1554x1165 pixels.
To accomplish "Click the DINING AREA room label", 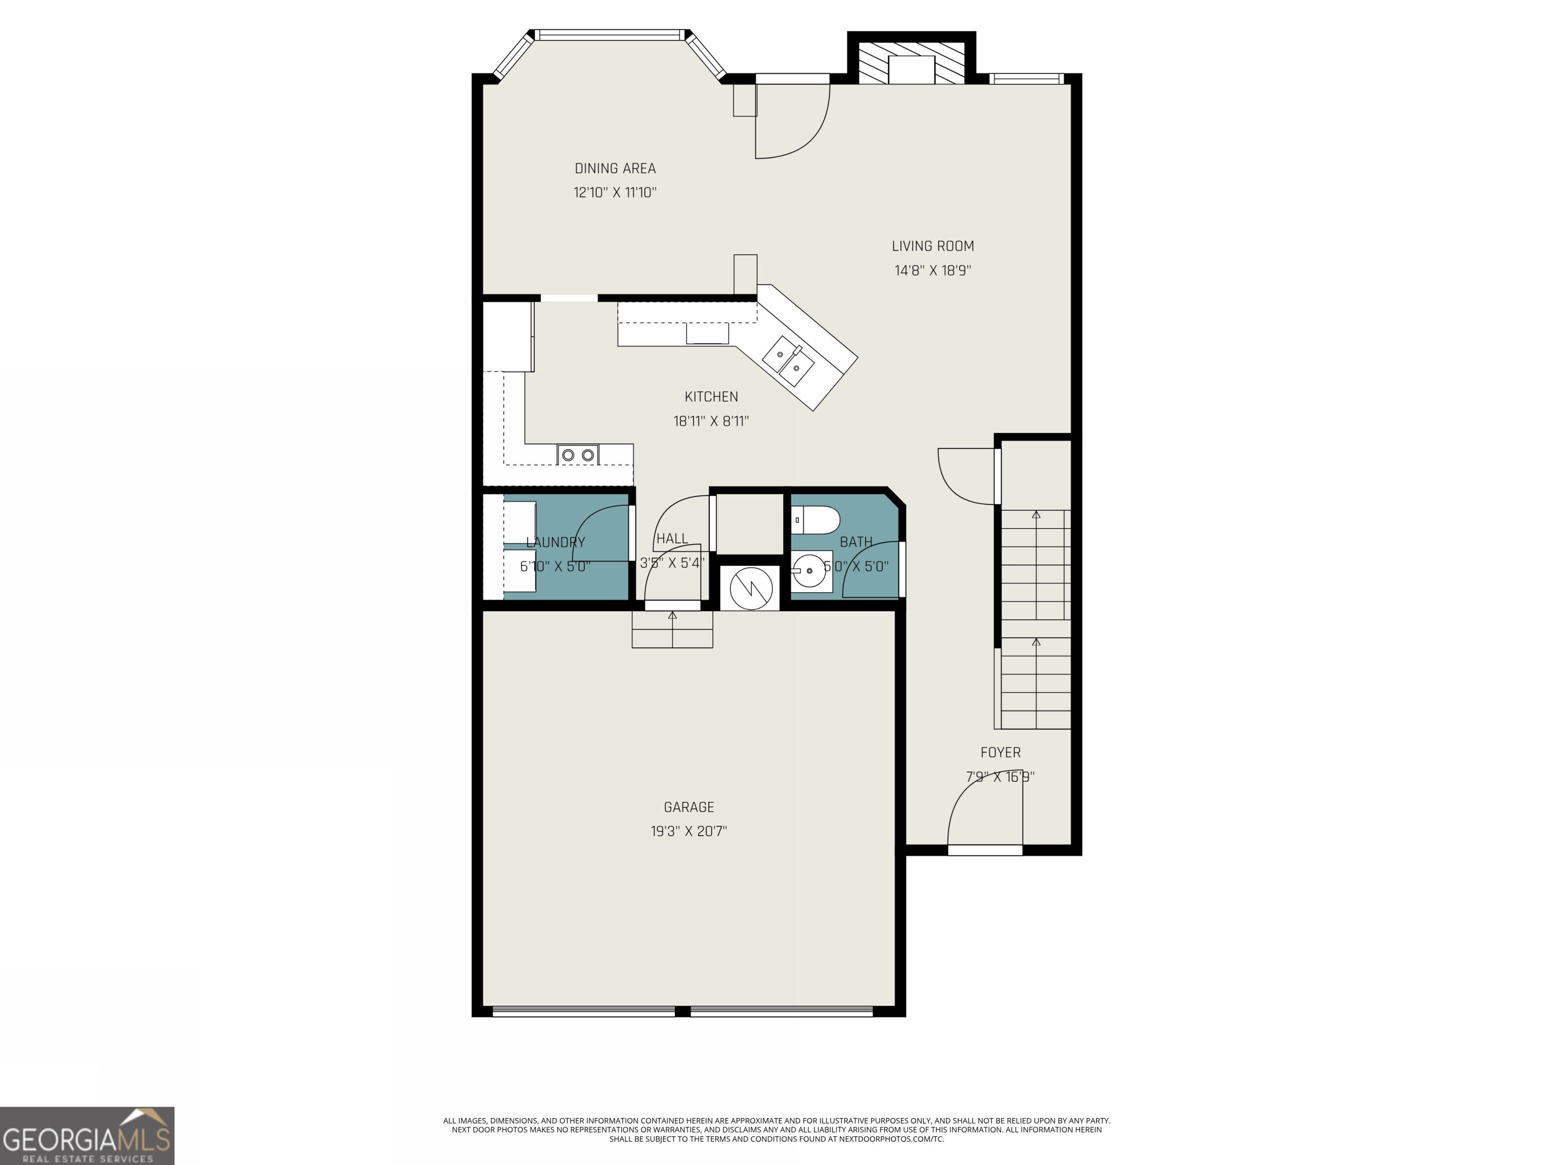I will click(615, 168).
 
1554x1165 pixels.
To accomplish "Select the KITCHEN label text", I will click(711, 397).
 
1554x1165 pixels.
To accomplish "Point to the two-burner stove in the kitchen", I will click(578, 455).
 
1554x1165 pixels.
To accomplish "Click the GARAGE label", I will click(688, 808).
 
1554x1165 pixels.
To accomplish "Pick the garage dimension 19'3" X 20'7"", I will click(688, 831).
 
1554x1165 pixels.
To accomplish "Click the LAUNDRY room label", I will click(555, 542).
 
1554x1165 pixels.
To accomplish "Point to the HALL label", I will click(672, 539).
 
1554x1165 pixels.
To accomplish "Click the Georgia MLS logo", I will click(87, 1136).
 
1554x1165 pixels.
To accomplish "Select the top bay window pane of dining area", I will click(609, 34).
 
